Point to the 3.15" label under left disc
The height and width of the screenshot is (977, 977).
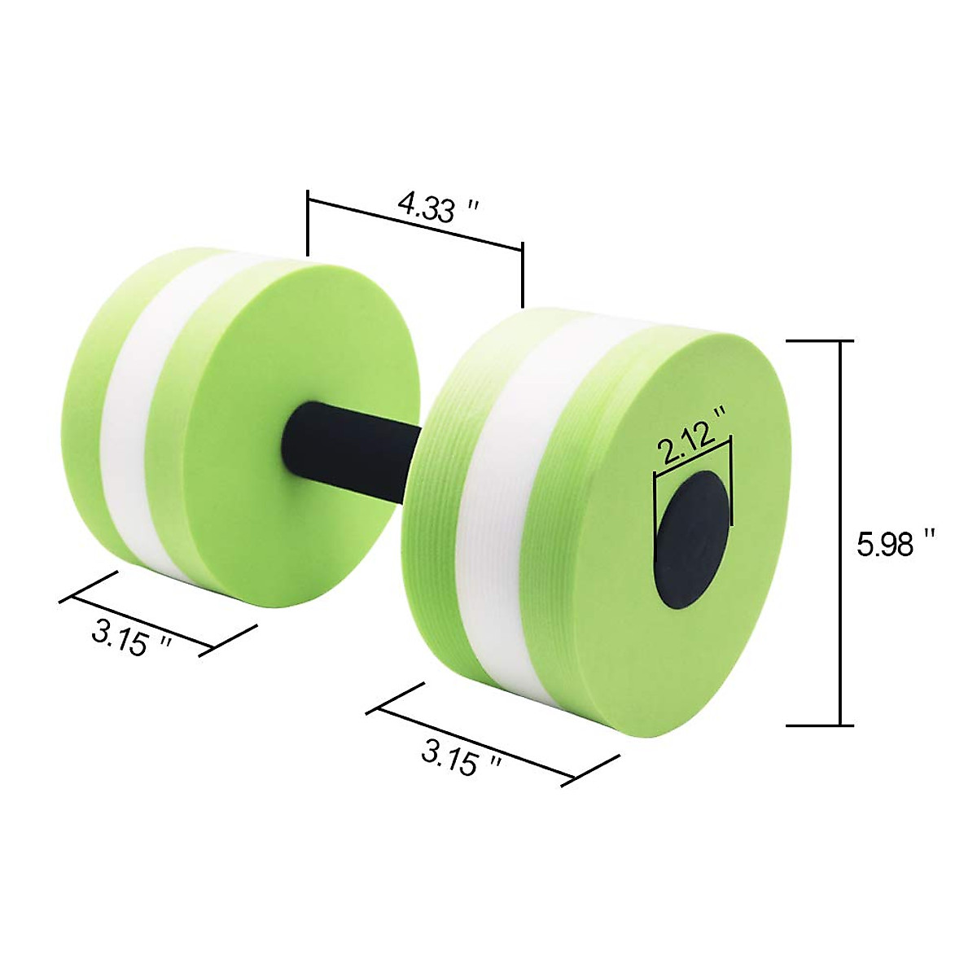(x=130, y=639)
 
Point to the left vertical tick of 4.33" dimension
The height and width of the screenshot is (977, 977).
(x=308, y=224)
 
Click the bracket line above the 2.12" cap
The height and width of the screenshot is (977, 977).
(x=693, y=457)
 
